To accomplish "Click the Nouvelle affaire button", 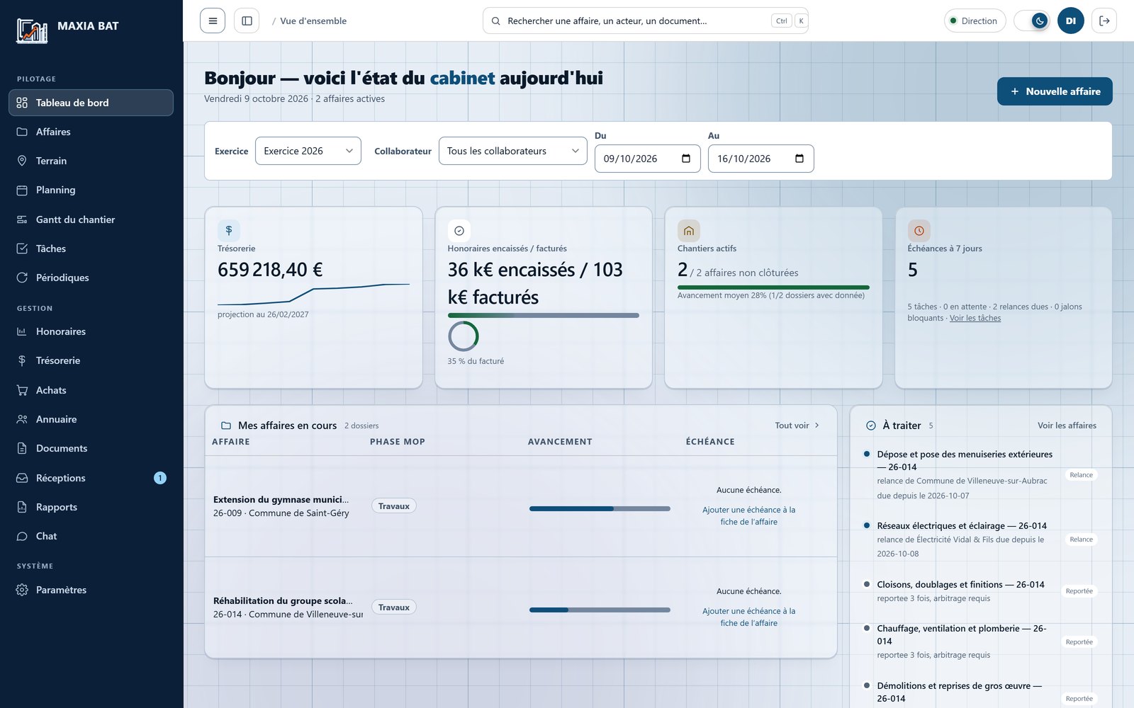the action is pyautogui.click(x=1055, y=91).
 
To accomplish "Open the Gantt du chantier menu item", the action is pyautogui.click(x=75, y=219).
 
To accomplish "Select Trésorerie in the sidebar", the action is pyautogui.click(x=57, y=360).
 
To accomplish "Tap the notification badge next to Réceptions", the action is pyautogui.click(x=160, y=478).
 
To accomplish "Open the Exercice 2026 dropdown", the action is pyautogui.click(x=308, y=151).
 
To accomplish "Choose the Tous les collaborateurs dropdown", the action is pyautogui.click(x=513, y=151).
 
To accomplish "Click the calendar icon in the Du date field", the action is pyautogui.click(x=686, y=159).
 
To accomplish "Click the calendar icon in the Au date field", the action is pyautogui.click(x=799, y=159).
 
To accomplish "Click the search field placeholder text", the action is pyautogui.click(x=607, y=21).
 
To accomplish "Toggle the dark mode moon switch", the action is pyautogui.click(x=1032, y=21).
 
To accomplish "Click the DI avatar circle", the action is pyautogui.click(x=1071, y=21).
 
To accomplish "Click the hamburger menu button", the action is pyautogui.click(x=213, y=21).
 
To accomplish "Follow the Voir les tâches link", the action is pyautogui.click(x=975, y=318).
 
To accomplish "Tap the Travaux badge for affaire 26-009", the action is pyautogui.click(x=394, y=506).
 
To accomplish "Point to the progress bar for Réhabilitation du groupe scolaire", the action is pyautogui.click(x=600, y=610).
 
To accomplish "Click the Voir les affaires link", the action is pyautogui.click(x=1067, y=426).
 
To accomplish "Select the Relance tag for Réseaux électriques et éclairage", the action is pyautogui.click(x=1081, y=539).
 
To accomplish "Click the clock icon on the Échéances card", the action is pyautogui.click(x=919, y=231).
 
